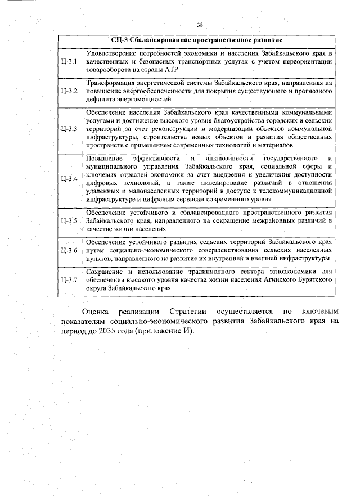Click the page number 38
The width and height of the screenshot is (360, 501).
pos(200,25)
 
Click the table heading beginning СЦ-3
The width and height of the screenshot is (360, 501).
pos(196,40)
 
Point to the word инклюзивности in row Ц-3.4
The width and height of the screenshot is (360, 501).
pos(221,159)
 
